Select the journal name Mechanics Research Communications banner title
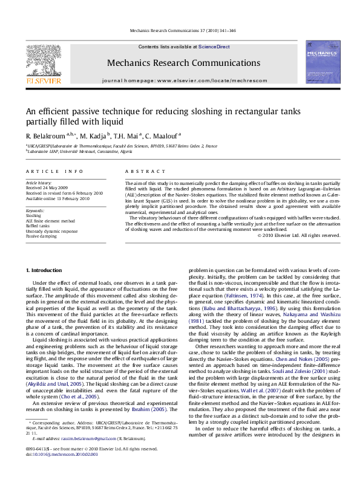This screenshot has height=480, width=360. click(x=183, y=62)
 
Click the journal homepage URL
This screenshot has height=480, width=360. click(x=184, y=80)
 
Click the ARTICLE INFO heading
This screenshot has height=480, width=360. click(x=54, y=172)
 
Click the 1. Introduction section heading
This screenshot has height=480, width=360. click(x=46, y=269)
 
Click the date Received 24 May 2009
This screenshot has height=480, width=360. click(x=46, y=187)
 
